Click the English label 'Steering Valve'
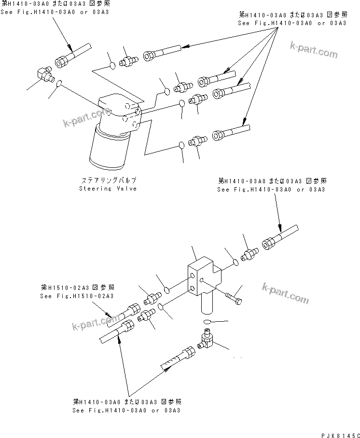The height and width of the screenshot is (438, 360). click(x=108, y=189)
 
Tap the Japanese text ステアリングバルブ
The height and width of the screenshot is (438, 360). click(x=108, y=180)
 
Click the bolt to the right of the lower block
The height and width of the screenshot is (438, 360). click(x=235, y=296)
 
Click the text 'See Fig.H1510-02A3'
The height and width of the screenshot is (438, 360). click(x=77, y=296)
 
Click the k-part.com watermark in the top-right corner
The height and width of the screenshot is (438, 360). click(x=314, y=50)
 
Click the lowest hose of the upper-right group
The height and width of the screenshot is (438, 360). click(x=232, y=130)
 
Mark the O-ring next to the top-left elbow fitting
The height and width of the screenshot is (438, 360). click(x=58, y=85)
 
